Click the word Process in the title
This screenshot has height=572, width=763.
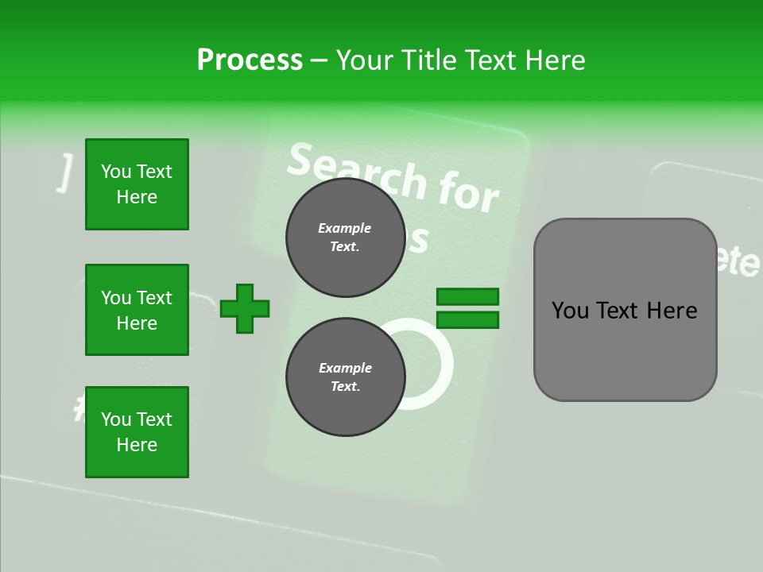pyautogui.click(x=250, y=60)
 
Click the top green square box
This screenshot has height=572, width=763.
pyautogui.click(x=137, y=184)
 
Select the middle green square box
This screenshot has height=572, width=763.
pyautogui.click(x=137, y=310)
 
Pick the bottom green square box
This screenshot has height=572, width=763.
pyautogui.click(x=137, y=432)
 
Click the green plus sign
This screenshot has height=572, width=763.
pyautogui.click(x=245, y=308)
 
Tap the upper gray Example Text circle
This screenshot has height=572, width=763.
pyautogui.click(x=345, y=238)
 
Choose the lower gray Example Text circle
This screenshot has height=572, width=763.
pyautogui.click(x=345, y=377)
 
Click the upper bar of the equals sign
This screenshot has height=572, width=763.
pyautogui.click(x=467, y=296)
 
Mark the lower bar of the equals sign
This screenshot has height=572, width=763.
pyautogui.click(x=467, y=320)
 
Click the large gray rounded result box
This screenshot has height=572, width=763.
pyautogui.click(x=625, y=310)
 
